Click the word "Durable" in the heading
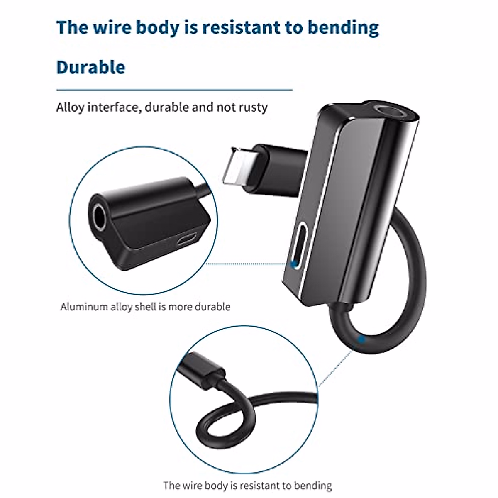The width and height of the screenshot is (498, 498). click(x=90, y=67)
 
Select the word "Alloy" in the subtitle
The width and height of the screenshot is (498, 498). click(x=70, y=107)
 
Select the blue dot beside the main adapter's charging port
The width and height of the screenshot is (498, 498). click(x=293, y=263)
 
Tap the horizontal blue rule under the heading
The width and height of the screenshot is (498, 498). click(x=174, y=89)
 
